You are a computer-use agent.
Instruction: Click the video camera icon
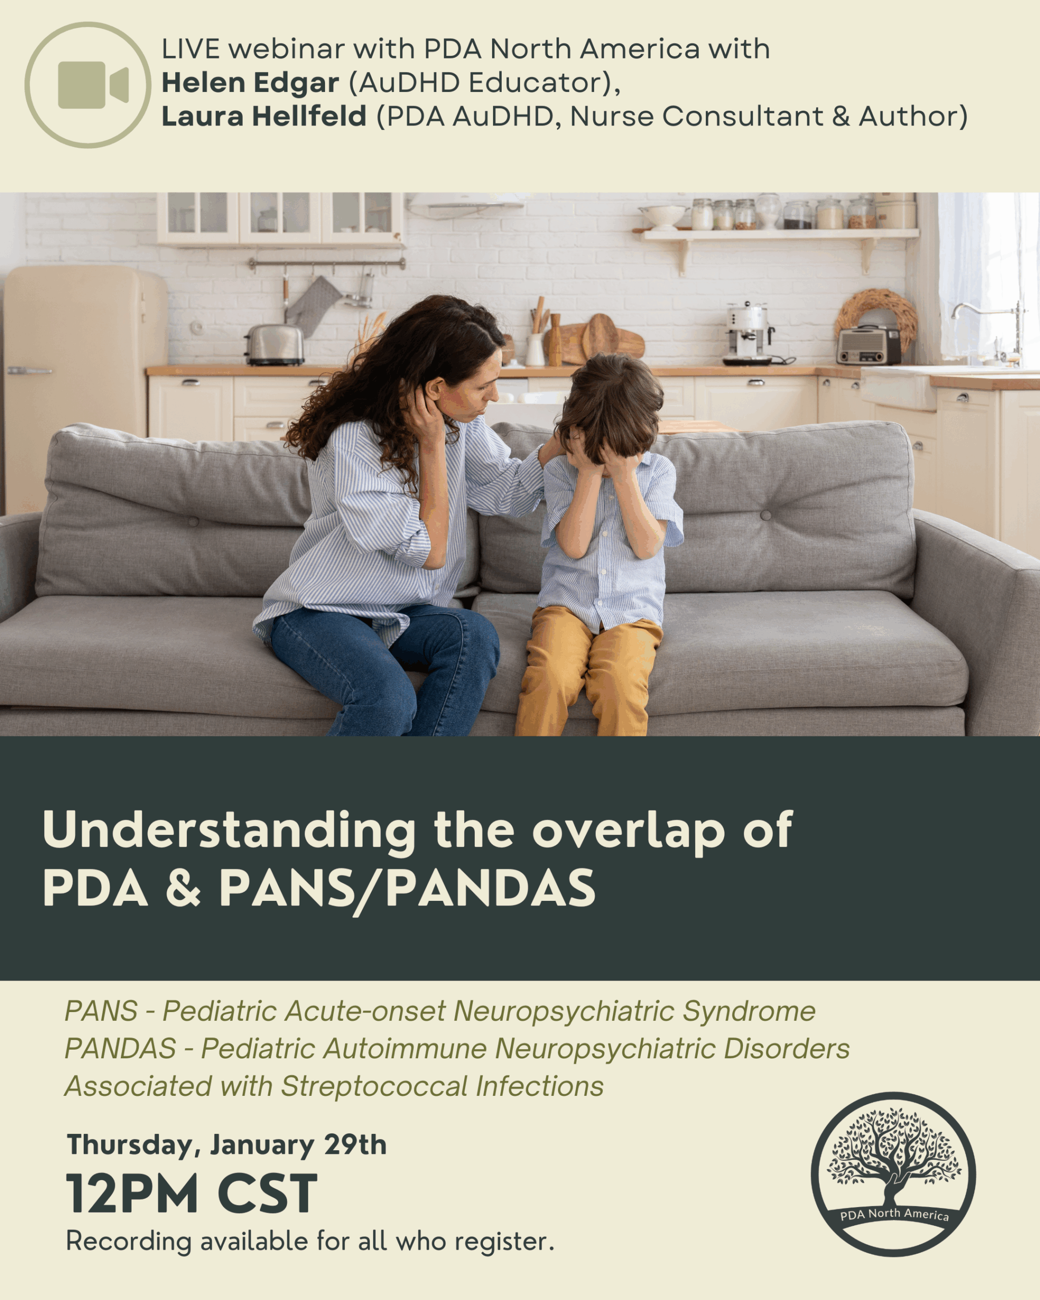(x=88, y=85)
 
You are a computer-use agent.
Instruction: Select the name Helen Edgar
(x=250, y=83)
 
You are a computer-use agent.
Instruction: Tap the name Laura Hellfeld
(x=264, y=116)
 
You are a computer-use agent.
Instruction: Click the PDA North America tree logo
(x=893, y=1174)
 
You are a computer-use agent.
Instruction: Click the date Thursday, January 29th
(x=226, y=1145)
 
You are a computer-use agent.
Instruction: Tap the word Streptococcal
(x=374, y=1087)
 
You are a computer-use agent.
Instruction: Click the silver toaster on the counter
(x=274, y=345)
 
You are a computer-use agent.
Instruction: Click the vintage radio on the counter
(x=868, y=344)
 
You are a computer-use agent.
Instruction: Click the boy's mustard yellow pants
(x=588, y=669)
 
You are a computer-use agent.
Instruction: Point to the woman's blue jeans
(x=386, y=663)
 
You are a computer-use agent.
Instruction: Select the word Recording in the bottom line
(x=128, y=1242)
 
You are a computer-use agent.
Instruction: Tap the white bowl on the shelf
(x=663, y=216)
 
